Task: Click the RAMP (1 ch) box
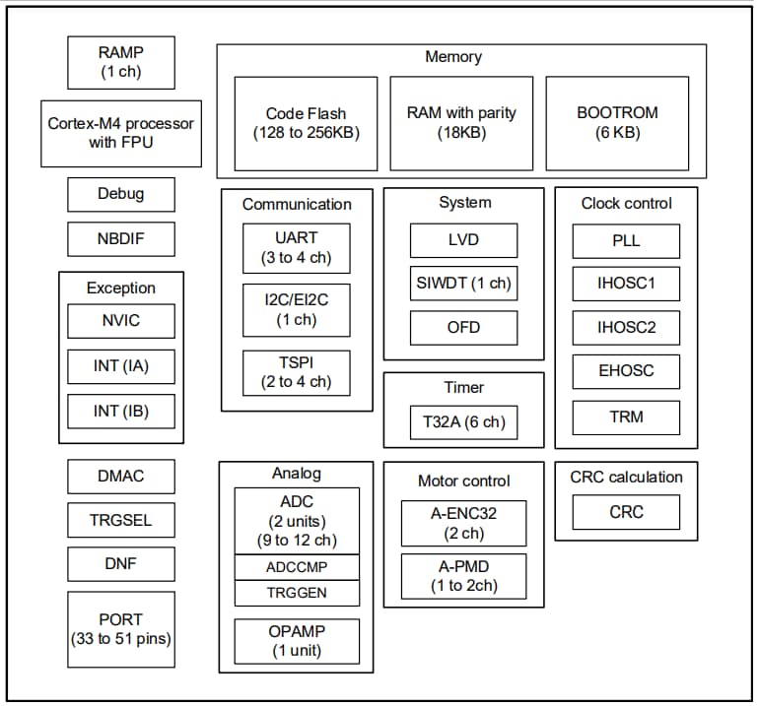point(121,63)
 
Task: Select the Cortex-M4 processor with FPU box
point(121,133)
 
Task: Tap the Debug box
point(121,194)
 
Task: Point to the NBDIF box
point(121,239)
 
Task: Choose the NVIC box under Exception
point(121,321)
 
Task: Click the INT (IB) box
point(121,412)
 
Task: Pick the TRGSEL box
point(121,520)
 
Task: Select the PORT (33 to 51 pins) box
point(121,629)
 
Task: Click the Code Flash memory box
point(306,123)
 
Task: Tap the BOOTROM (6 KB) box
point(617,123)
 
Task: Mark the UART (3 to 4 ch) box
point(297,248)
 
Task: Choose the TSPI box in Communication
point(297,372)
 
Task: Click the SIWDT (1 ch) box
point(463,284)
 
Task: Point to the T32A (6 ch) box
point(463,422)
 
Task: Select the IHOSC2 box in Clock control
point(626,328)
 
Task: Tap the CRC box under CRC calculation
point(626,512)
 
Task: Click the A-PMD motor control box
point(463,575)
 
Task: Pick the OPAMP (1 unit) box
point(297,640)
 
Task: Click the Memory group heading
point(453,57)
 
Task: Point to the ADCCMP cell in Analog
point(297,567)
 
